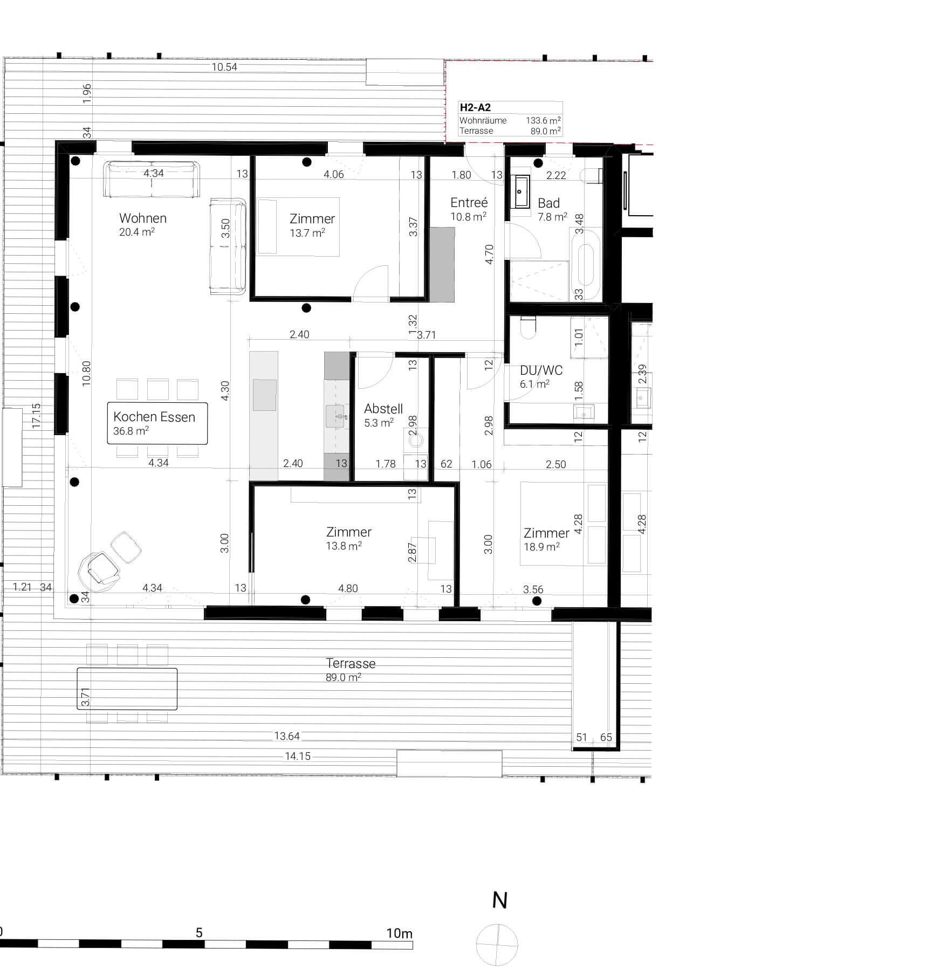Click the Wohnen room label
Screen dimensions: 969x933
pos(142,218)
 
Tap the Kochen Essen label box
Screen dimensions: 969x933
pos(157,423)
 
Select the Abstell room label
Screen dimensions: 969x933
pos(383,409)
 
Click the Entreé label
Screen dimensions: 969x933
pos(469,203)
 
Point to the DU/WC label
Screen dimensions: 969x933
pos(540,370)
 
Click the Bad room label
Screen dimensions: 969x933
pos(548,203)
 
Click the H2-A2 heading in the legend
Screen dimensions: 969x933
pos(475,108)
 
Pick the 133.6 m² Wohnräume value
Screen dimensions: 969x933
pos(543,120)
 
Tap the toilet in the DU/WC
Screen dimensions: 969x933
pos(528,327)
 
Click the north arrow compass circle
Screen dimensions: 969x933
pos(497,944)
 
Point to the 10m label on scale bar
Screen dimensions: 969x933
pos(399,933)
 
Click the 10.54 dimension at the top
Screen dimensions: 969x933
pos(224,67)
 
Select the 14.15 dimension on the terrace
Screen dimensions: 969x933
pos(298,756)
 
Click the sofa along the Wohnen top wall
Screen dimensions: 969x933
pos(152,180)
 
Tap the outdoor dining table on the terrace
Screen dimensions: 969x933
pos(127,689)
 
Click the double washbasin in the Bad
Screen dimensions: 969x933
pos(522,191)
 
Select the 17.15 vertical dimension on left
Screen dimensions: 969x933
pos(37,416)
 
